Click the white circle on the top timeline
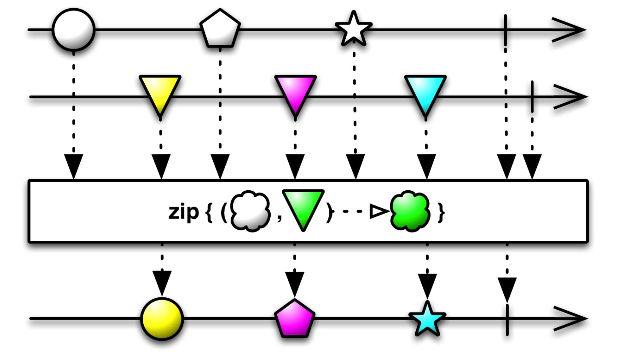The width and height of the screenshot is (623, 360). click(74, 30)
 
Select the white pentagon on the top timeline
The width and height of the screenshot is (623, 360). click(220, 29)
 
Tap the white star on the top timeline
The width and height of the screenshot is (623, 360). click(354, 29)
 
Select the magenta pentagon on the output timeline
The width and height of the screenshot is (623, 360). click(295, 319)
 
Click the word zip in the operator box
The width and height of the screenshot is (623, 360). click(183, 212)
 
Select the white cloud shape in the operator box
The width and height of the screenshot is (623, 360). click(250, 211)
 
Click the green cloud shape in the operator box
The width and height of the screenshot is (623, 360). click(410, 211)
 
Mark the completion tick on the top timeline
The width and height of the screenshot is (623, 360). click(505, 30)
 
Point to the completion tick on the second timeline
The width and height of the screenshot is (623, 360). click(532, 97)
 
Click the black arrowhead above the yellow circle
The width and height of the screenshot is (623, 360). click(162, 282)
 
